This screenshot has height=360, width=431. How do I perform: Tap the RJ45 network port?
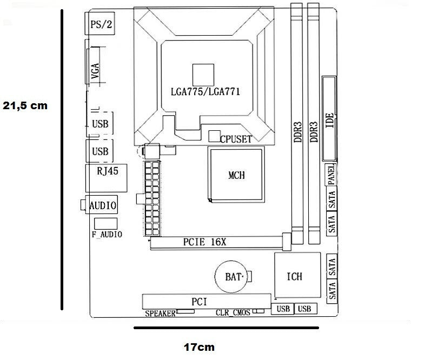[108, 174]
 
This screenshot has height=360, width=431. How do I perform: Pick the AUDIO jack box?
[102, 206]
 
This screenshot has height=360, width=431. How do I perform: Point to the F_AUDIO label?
[106, 235]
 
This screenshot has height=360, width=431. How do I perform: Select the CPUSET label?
[236, 139]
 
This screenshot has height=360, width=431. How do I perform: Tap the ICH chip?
[295, 276]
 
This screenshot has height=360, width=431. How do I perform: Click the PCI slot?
[205, 301]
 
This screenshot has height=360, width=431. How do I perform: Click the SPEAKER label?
[160, 313]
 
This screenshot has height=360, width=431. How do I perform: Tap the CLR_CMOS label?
[233, 313]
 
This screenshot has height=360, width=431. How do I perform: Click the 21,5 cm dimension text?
[25, 106]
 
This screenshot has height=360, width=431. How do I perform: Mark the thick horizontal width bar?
[226, 327]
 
